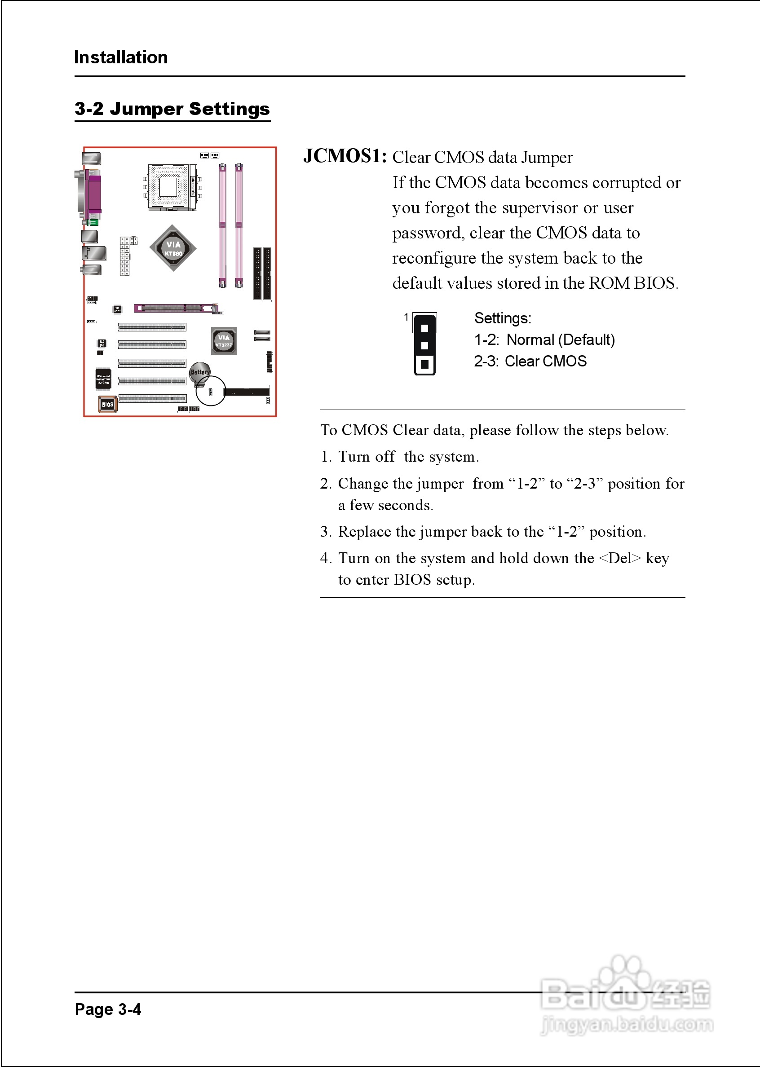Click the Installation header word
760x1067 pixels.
pos(121,57)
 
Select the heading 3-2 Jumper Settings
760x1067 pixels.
pos(172,109)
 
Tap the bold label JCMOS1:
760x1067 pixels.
pos(345,156)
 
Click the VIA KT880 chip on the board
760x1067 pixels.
pos(172,248)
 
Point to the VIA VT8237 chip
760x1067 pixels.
pos(224,340)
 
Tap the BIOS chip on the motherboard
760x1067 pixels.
pos(107,404)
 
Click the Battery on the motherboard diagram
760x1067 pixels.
pos(200,372)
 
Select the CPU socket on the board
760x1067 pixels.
pos(168,188)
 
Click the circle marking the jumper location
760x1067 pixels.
pos(211,391)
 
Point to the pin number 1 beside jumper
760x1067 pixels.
pos(406,317)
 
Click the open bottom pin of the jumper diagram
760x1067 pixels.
pos(424,364)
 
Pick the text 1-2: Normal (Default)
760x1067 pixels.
pos(544,339)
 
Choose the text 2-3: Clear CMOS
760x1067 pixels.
pos(530,361)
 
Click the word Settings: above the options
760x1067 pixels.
pos(503,318)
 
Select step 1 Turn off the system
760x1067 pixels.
pos(400,457)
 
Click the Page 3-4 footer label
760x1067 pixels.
pos(108,1010)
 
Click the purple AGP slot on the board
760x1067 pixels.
pos(176,308)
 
